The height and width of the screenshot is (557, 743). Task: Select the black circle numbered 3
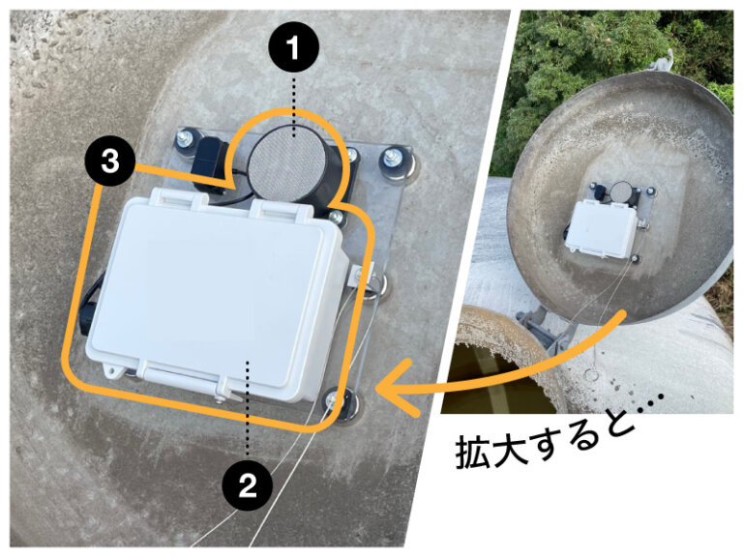(110, 162)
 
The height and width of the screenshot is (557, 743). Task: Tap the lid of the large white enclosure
(208, 290)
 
